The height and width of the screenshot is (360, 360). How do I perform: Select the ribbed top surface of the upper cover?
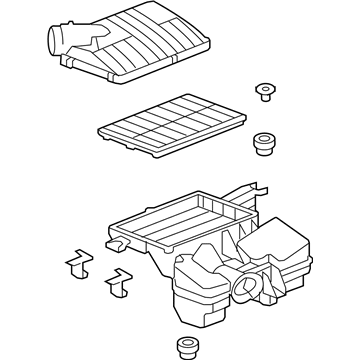tap(150, 45)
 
